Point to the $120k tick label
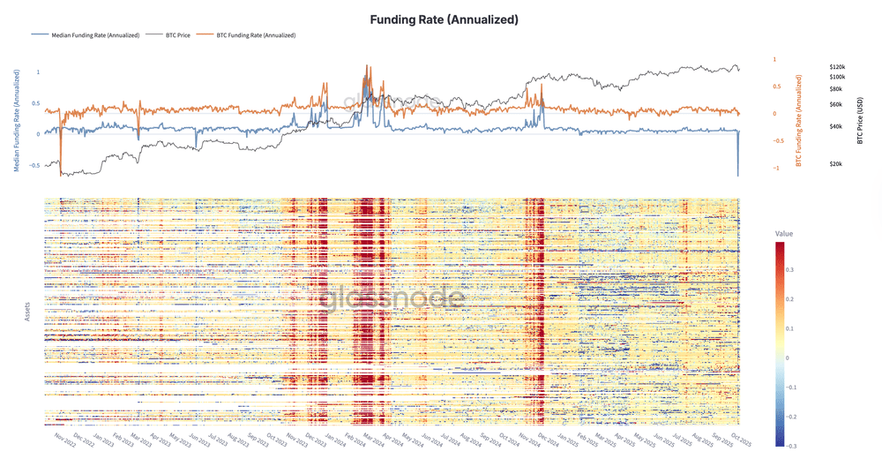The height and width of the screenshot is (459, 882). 838,67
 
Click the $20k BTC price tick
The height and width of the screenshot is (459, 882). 836,164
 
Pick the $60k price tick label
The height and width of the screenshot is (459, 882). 836,105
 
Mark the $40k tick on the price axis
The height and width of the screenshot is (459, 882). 836,127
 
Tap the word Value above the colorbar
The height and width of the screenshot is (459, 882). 784,232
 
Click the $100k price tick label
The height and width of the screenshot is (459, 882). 838,78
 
